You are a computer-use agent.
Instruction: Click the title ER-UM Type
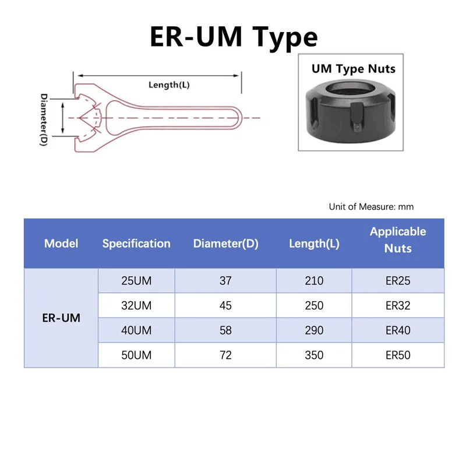click(233, 36)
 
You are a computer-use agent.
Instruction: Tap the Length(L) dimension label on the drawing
click(169, 85)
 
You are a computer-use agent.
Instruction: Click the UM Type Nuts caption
click(353, 69)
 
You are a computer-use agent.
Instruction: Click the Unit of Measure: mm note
click(371, 207)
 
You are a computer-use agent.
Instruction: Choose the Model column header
click(61, 243)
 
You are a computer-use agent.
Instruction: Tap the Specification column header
click(136, 243)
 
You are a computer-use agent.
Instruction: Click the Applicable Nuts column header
click(398, 240)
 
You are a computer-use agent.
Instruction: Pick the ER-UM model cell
click(61, 318)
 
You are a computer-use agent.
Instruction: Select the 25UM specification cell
click(136, 281)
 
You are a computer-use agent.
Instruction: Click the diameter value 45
click(225, 306)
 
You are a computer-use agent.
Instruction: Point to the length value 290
click(314, 330)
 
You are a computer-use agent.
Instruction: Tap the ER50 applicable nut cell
click(398, 355)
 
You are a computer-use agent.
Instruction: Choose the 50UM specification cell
click(136, 355)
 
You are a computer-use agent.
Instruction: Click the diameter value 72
click(225, 355)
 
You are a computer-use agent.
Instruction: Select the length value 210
click(314, 281)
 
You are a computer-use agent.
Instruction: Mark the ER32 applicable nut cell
click(398, 306)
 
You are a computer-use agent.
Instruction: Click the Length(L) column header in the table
click(314, 243)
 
